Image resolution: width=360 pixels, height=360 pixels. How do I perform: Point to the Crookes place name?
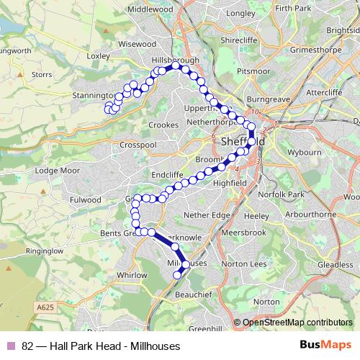point(163,125)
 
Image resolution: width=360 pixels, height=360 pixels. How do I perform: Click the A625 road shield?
point(45,307)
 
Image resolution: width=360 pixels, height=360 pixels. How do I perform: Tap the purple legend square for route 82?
point(10,346)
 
